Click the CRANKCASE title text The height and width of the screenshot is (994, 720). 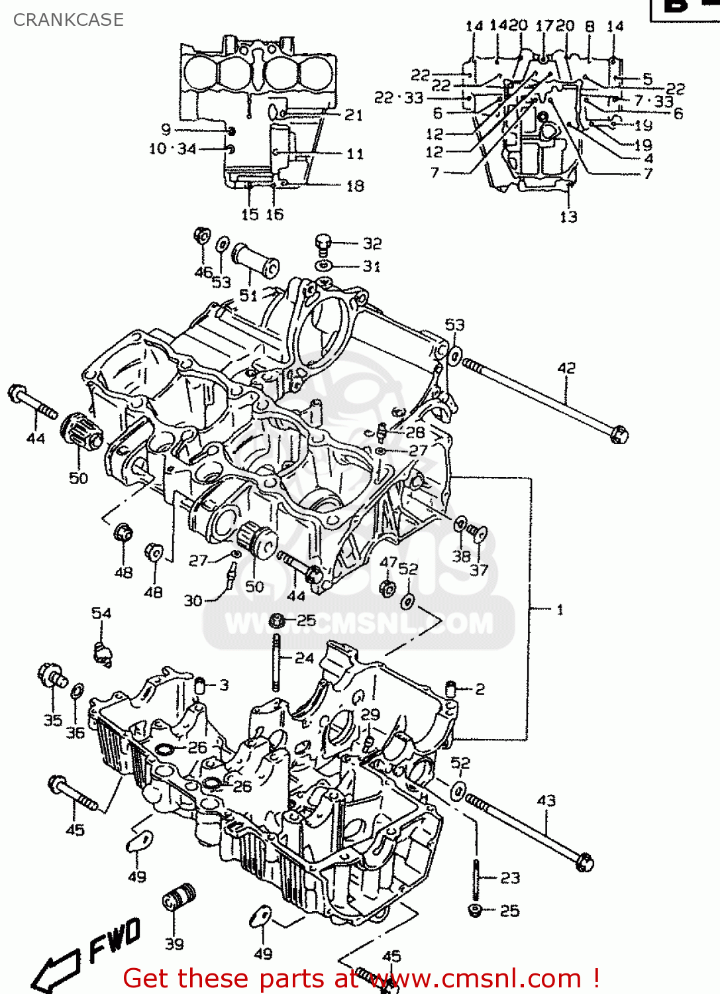tap(68, 20)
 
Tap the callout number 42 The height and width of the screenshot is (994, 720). tap(566, 368)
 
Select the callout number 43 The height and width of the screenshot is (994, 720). tap(546, 801)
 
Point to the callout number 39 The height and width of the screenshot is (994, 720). tap(174, 944)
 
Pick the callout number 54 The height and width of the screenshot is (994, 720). tap(101, 613)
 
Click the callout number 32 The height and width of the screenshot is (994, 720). tap(372, 244)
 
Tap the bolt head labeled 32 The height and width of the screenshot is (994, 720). tap(323, 243)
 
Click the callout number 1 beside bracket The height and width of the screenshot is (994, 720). tap(560, 609)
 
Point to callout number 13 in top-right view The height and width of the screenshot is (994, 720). tap(568, 217)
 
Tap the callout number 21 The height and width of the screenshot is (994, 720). tap(354, 115)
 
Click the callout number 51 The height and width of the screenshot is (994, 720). tap(248, 296)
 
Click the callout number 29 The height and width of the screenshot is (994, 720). tap(370, 714)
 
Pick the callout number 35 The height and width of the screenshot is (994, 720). tap(53, 720)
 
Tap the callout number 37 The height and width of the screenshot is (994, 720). tap(479, 570)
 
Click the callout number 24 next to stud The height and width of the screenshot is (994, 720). tap(304, 658)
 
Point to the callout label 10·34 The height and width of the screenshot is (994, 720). tap(172, 149)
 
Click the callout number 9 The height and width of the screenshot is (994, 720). tap(166, 130)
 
